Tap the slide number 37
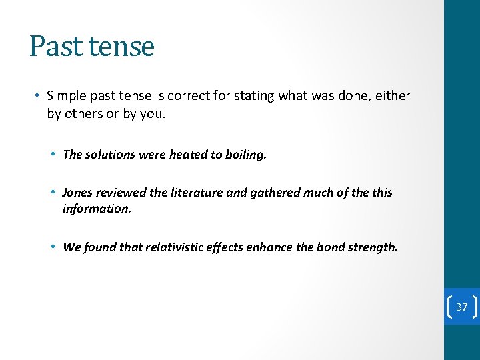(x=462, y=307)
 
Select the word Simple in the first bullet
(x=67, y=96)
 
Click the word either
(x=393, y=96)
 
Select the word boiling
(x=245, y=155)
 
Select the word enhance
(x=271, y=247)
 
